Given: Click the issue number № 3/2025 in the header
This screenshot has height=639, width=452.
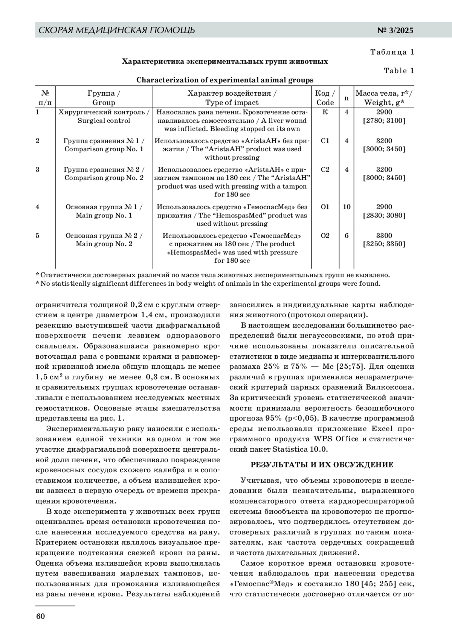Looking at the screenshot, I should click(x=395, y=30).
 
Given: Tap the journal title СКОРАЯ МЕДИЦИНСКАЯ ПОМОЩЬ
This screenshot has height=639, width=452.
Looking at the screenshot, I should click(x=117, y=30).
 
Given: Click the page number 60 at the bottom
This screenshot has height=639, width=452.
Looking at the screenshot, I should click(x=40, y=616).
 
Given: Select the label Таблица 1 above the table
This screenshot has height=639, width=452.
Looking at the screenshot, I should click(x=392, y=52).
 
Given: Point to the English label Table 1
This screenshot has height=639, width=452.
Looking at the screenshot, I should click(x=399, y=71).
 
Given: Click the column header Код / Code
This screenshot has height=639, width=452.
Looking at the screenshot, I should click(x=325, y=98).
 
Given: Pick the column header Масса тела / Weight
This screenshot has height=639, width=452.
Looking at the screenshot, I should click(x=384, y=98).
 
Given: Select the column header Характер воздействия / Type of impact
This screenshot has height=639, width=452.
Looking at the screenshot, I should click(x=232, y=98).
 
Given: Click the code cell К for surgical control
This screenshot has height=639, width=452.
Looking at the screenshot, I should click(x=325, y=112).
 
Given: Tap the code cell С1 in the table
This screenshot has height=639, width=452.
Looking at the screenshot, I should click(x=325, y=141).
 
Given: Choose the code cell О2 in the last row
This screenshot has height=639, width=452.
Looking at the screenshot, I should click(x=325, y=236).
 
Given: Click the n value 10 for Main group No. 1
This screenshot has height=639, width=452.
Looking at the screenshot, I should click(x=347, y=207).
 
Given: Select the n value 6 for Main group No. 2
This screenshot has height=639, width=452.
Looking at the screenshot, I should click(x=347, y=236).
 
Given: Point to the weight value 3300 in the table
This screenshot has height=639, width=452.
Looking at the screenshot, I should click(x=384, y=236).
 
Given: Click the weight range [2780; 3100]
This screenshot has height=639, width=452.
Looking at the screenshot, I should click(x=384, y=121).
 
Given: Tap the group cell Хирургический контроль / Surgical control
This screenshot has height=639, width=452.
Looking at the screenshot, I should click(x=104, y=116).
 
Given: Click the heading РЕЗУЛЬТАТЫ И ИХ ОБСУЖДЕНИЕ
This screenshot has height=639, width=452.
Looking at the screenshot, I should click(x=322, y=465).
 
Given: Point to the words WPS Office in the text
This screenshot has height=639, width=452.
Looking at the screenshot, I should click(x=330, y=439).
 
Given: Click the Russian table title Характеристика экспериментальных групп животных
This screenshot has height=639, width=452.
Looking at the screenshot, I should click(x=225, y=61).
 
